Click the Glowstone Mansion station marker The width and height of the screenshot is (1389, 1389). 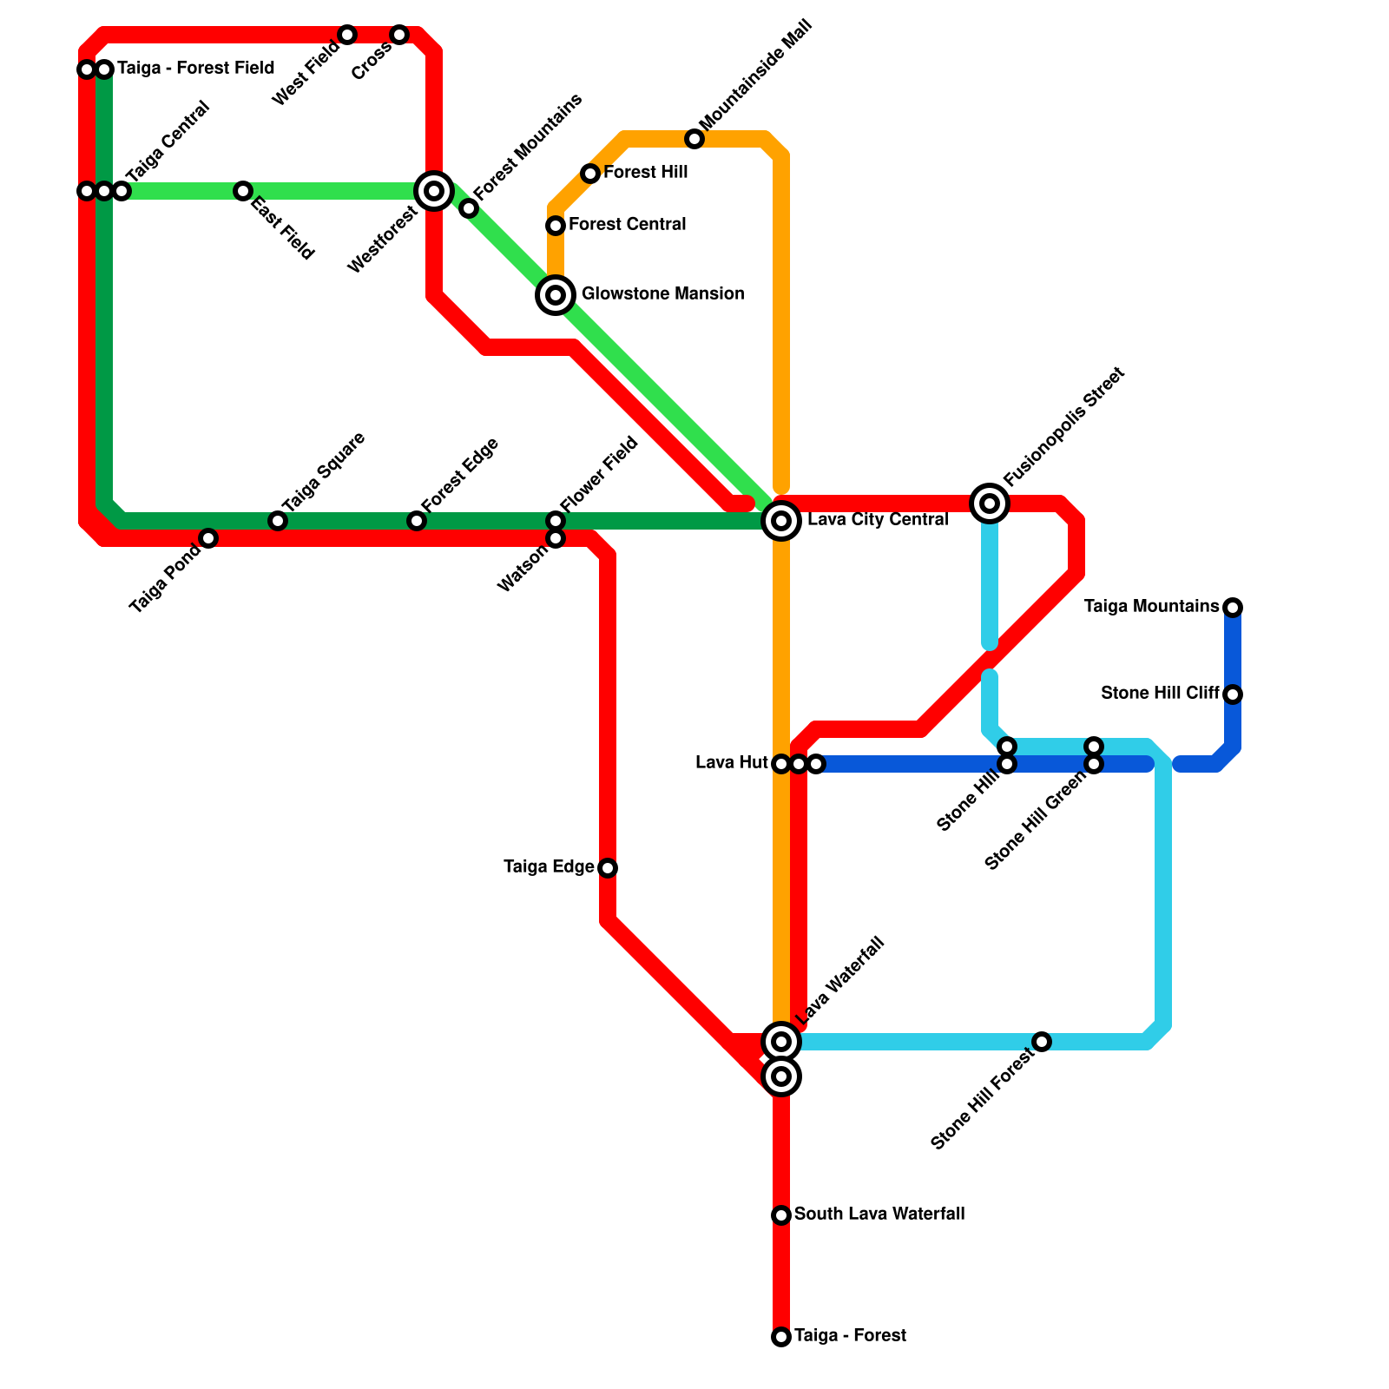point(556,295)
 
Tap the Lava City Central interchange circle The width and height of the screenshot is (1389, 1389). point(781,521)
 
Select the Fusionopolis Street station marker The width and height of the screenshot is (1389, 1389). point(990,504)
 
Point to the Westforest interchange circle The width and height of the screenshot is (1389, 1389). point(434,191)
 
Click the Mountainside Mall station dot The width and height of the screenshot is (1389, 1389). point(694,139)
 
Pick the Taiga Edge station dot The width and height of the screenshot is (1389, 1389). point(608,868)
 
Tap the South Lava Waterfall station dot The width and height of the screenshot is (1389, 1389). point(781,1215)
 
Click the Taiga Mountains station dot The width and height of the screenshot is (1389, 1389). point(1233,608)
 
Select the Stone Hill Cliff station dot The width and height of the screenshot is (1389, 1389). point(1233,694)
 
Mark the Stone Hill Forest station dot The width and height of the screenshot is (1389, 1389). point(1042,1042)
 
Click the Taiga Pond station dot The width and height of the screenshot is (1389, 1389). point(208,538)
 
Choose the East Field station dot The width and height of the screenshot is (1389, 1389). point(243,191)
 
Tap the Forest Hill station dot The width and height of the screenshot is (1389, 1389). point(590,174)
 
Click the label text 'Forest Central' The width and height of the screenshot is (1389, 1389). point(627,225)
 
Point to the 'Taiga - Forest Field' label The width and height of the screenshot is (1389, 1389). point(195,69)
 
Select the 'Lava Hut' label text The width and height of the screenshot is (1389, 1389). point(731,763)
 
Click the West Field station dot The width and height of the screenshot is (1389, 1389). point(347,35)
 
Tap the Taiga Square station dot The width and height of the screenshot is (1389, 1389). point(278,521)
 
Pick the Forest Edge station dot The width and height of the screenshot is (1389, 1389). point(417,521)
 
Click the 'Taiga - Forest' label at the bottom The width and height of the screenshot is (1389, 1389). point(850,1336)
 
